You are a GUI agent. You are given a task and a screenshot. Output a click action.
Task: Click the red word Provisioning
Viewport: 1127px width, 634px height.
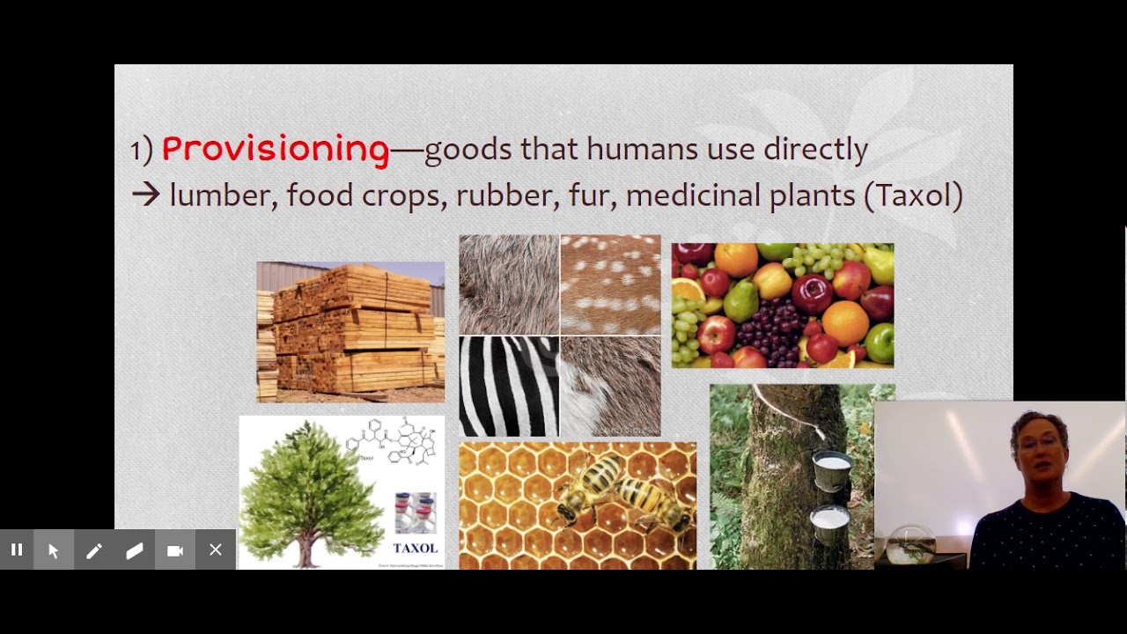pyautogui.click(x=275, y=150)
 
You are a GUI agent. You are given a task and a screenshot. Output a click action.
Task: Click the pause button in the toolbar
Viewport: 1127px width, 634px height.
pyautogui.click(x=17, y=550)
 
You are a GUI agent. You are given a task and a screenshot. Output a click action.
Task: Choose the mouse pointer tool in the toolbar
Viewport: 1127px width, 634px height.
pyautogui.click(x=54, y=550)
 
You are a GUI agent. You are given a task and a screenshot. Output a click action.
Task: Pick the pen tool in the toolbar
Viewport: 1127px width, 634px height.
pyautogui.click(x=94, y=550)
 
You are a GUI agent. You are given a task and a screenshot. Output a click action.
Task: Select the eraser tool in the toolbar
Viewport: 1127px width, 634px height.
pyautogui.click(x=135, y=550)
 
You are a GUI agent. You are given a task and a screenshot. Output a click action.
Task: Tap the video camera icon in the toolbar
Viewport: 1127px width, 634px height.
pyautogui.click(x=175, y=550)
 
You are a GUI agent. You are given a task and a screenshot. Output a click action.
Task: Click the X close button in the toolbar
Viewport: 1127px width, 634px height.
pyautogui.click(x=216, y=550)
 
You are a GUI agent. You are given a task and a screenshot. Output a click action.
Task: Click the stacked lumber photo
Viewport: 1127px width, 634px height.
pyautogui.click(x=350, y=332)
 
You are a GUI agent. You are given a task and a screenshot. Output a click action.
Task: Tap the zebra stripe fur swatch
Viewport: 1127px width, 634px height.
pyautogui.click(x=509, y=387)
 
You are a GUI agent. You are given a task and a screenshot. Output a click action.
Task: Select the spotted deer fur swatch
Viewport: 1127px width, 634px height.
pyautogui.click(x=610, y=284)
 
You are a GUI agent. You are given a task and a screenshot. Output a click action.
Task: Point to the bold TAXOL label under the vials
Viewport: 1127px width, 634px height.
pyautogui.click(x=415, y=549)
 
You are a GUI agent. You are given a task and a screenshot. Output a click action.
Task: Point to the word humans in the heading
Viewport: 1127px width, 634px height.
pyautogui.click(x=635, y=150)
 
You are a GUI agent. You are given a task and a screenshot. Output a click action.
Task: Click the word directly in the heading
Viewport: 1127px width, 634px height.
pyautogui.click(x=815, y=150)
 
